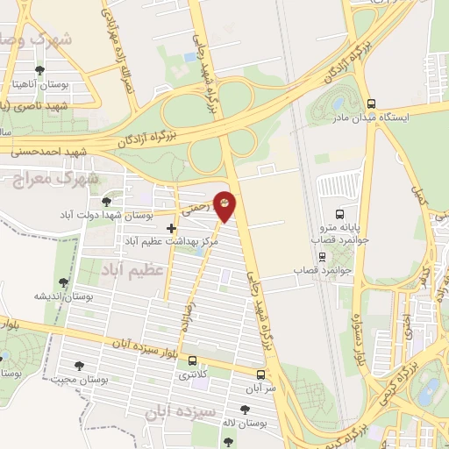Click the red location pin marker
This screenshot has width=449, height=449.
[x=225, y=206]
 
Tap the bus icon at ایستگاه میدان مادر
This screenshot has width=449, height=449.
[x=371, y=102]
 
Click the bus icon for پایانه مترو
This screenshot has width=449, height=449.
[x=340, y=212]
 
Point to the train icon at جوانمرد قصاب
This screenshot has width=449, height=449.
[x=323, y=256]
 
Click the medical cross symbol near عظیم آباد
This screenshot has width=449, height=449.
[x=171, y=228]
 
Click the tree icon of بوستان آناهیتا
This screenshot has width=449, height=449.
[x=39, y=70]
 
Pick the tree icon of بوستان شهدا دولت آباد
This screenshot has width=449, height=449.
[x=106, y=202]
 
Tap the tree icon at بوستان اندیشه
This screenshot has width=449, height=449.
[x=63, y=282]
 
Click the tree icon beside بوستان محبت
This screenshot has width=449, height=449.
[x=80, y=366]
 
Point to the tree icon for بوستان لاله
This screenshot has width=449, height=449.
[x=244, y=410]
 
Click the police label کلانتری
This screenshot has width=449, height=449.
[x=195, y=374]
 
